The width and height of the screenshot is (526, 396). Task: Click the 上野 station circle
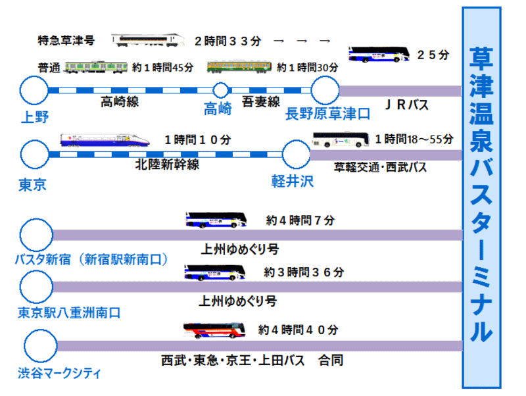[35, 90]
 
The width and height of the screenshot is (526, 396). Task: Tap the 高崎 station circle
[221, 90]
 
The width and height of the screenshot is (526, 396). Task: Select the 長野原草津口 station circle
[324, 90]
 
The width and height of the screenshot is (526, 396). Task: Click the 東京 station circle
[35, 155]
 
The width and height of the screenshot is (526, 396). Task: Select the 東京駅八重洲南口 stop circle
[36, 286]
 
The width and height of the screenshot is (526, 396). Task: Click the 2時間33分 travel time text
[227, 41]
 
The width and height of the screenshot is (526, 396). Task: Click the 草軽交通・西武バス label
[381, 168]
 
